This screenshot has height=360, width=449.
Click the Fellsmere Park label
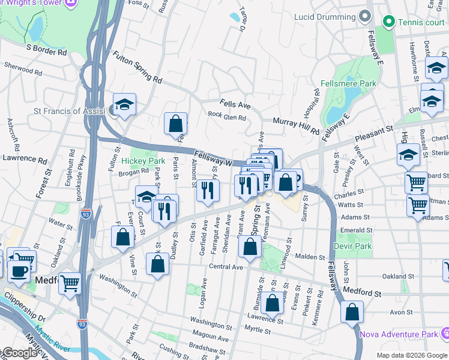coord(348,83)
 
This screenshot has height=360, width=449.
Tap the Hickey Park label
coord(143,161)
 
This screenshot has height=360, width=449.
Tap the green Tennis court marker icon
coord(389,23)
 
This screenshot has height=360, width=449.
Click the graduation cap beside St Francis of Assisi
coord(125,104)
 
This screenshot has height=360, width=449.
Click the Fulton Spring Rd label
coord(137,67)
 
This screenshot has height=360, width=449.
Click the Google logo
coord(19,353)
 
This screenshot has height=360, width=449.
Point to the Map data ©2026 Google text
coord(411,355)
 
